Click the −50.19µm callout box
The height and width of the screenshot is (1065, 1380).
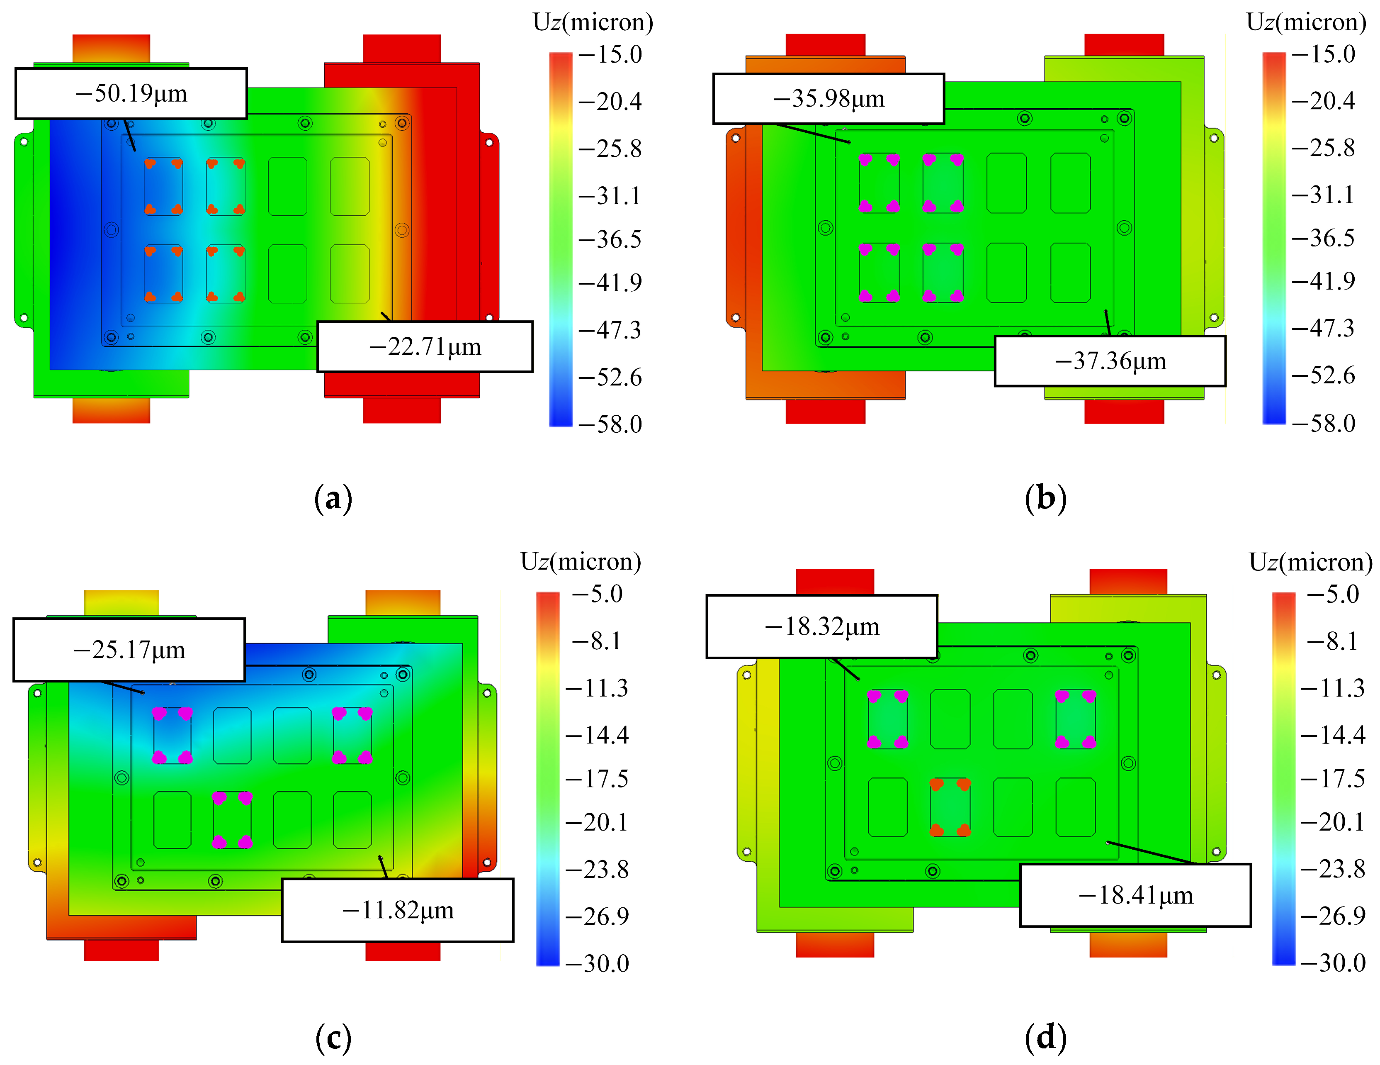point(131,93)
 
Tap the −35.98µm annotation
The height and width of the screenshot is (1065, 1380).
point(828,99)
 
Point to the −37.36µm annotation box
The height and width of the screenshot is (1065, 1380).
point(1110,361)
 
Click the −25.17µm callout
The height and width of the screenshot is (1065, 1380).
point(129,650)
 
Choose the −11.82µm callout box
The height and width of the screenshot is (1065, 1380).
point(397,910)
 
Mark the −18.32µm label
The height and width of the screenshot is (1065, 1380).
point(821,626)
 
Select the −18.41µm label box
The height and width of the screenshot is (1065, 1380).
point(1135,895)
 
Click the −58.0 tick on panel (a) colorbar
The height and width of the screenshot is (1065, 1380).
point(610,424)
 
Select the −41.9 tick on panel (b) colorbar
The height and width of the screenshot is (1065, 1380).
point(1323,280)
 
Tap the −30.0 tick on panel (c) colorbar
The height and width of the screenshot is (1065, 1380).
point(597,963)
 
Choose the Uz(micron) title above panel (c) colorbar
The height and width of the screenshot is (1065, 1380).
point(580,561)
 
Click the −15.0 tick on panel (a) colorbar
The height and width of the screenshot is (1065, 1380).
point(610,54)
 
